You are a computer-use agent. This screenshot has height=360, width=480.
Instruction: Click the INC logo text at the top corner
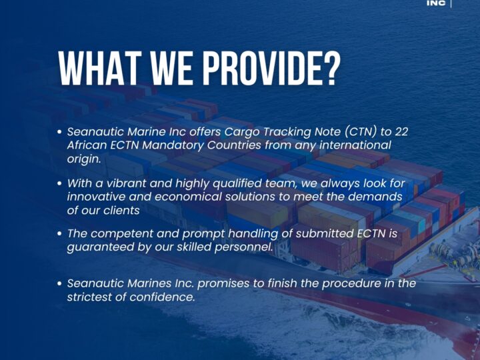point(436,3)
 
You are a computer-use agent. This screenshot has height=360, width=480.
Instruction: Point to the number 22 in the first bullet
point(401,132)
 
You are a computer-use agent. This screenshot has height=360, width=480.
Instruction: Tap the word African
point(88,145)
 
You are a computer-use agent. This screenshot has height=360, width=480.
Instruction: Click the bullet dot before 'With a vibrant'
point(60,183)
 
